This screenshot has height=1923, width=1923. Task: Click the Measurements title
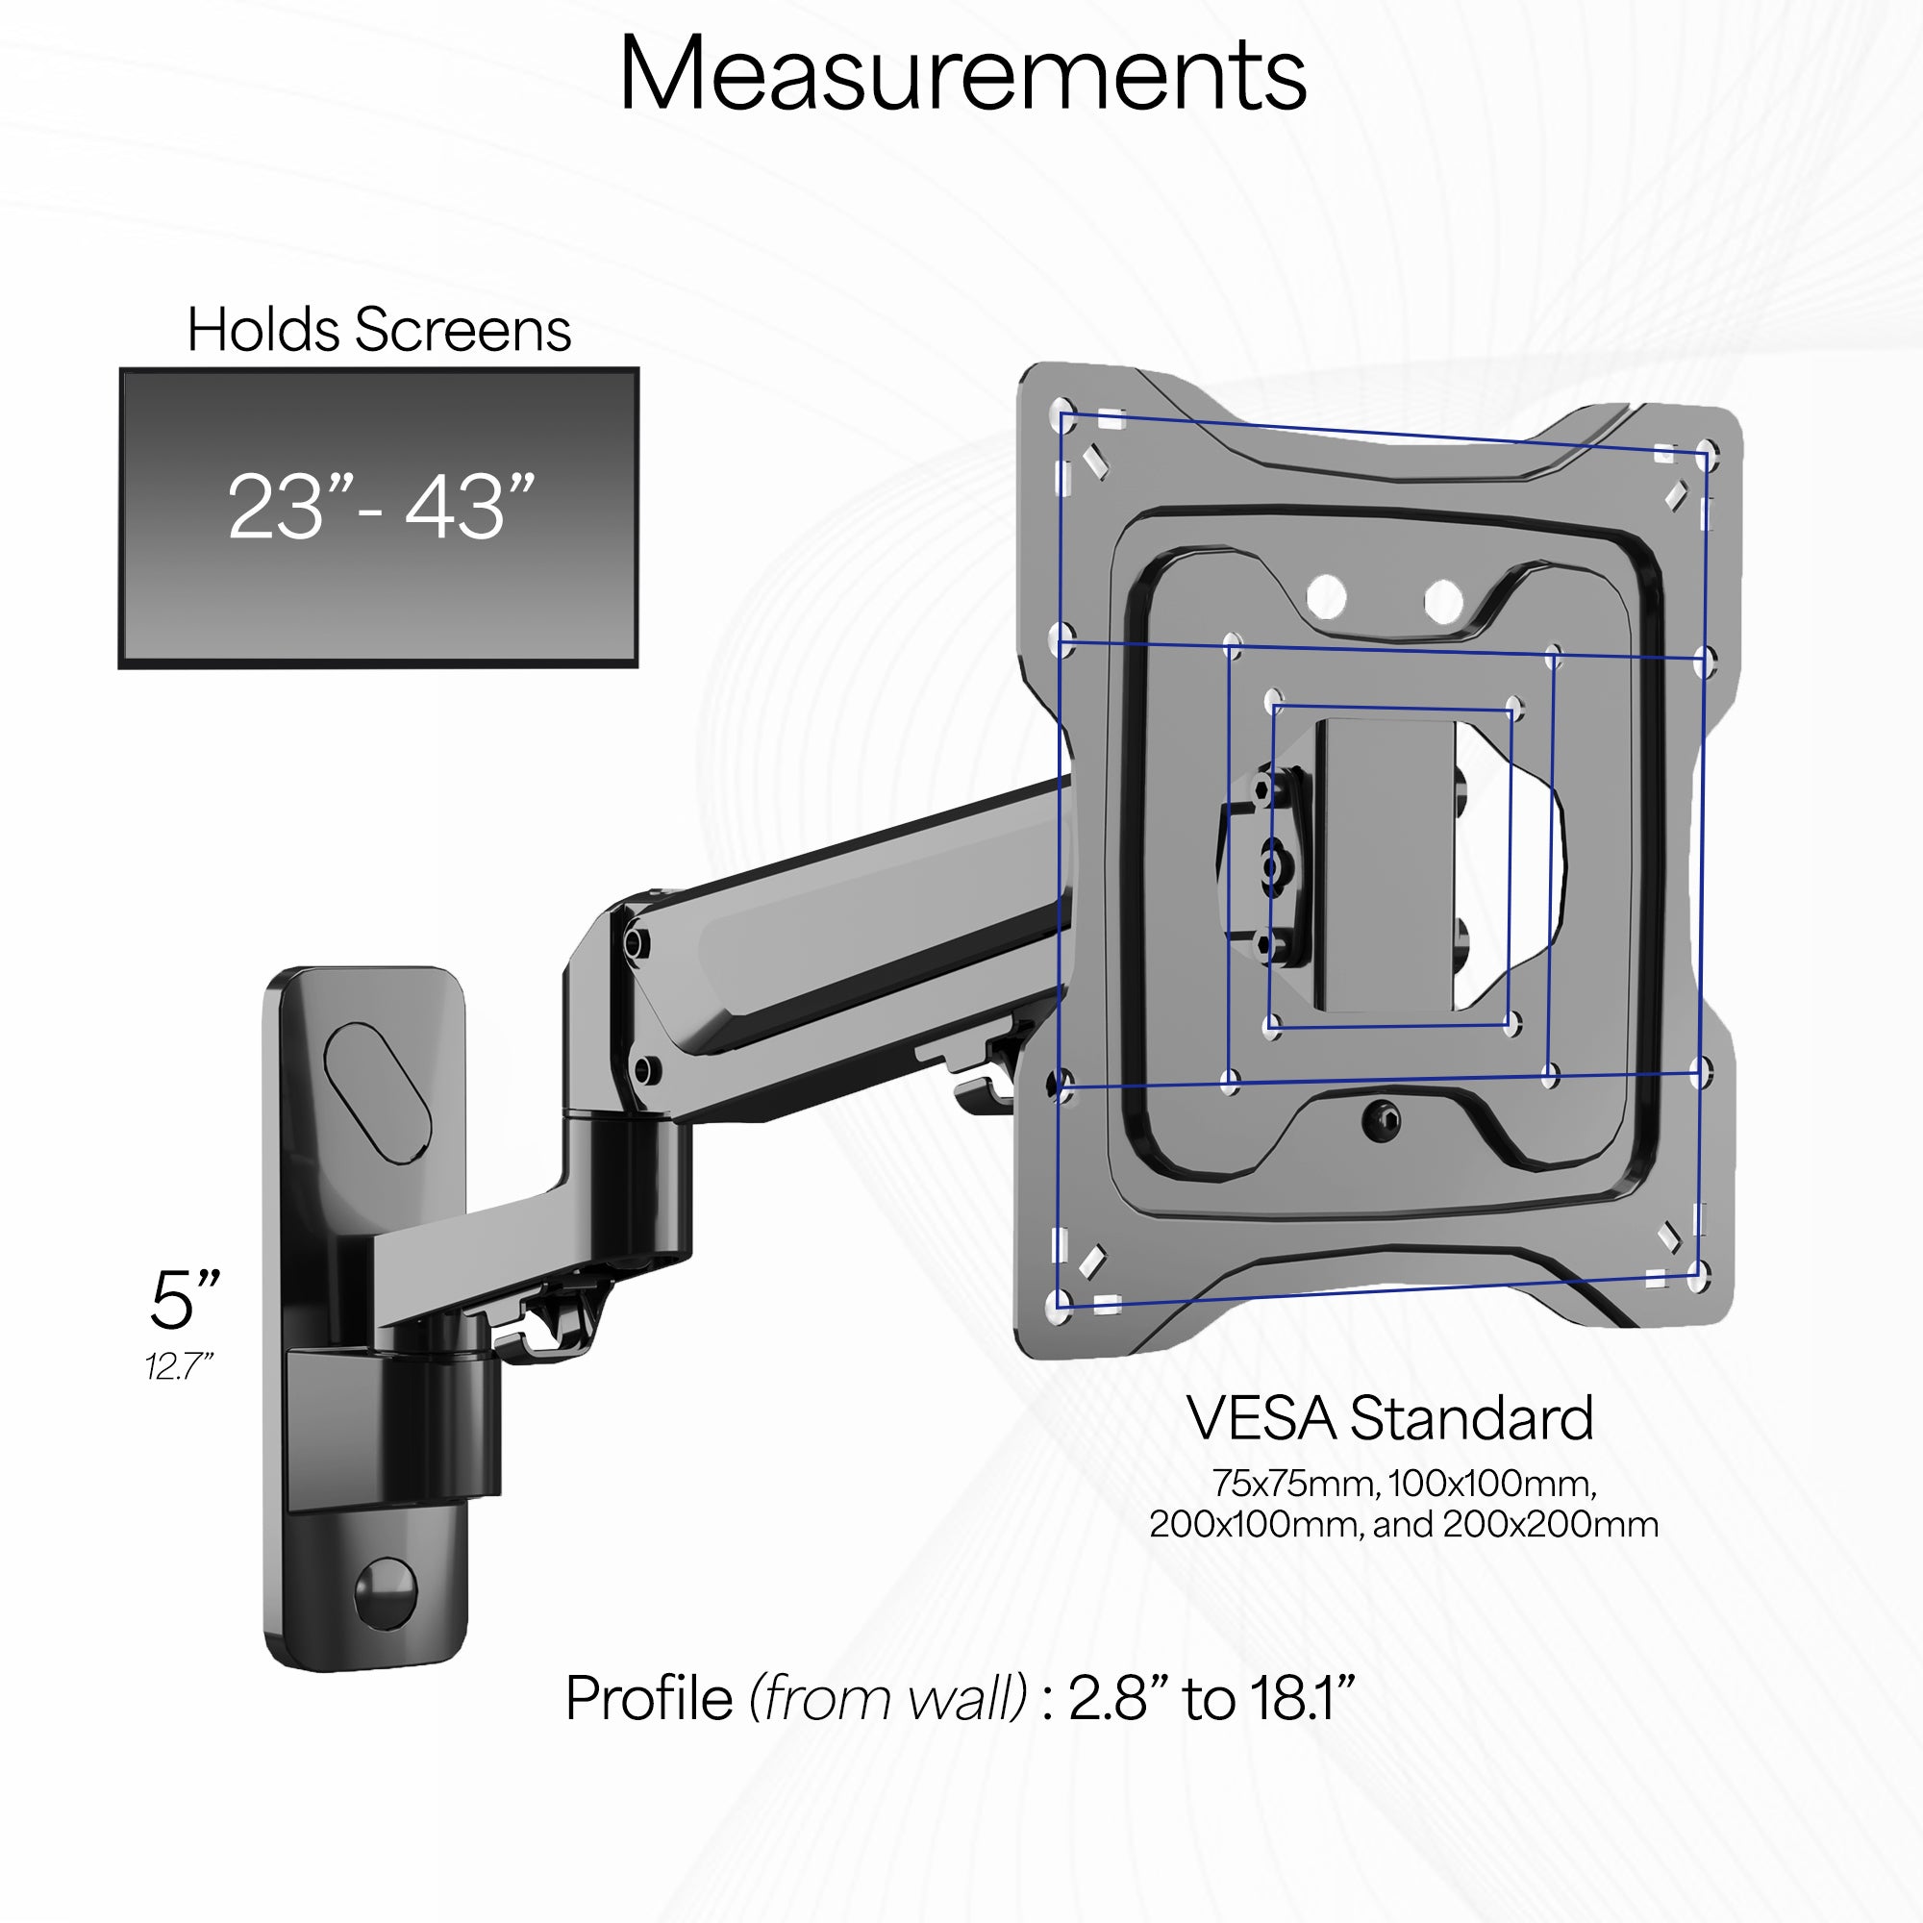961,74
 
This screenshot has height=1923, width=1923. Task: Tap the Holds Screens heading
379,330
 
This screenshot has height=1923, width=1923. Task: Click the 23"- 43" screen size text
380,508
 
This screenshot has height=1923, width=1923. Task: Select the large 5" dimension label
186,1300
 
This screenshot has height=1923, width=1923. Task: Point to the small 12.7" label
179,1366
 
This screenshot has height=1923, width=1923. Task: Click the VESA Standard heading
1389,1418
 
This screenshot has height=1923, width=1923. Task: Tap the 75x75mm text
1294,1484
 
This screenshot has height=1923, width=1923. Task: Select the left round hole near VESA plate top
1326,598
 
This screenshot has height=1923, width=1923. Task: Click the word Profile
649,1698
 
